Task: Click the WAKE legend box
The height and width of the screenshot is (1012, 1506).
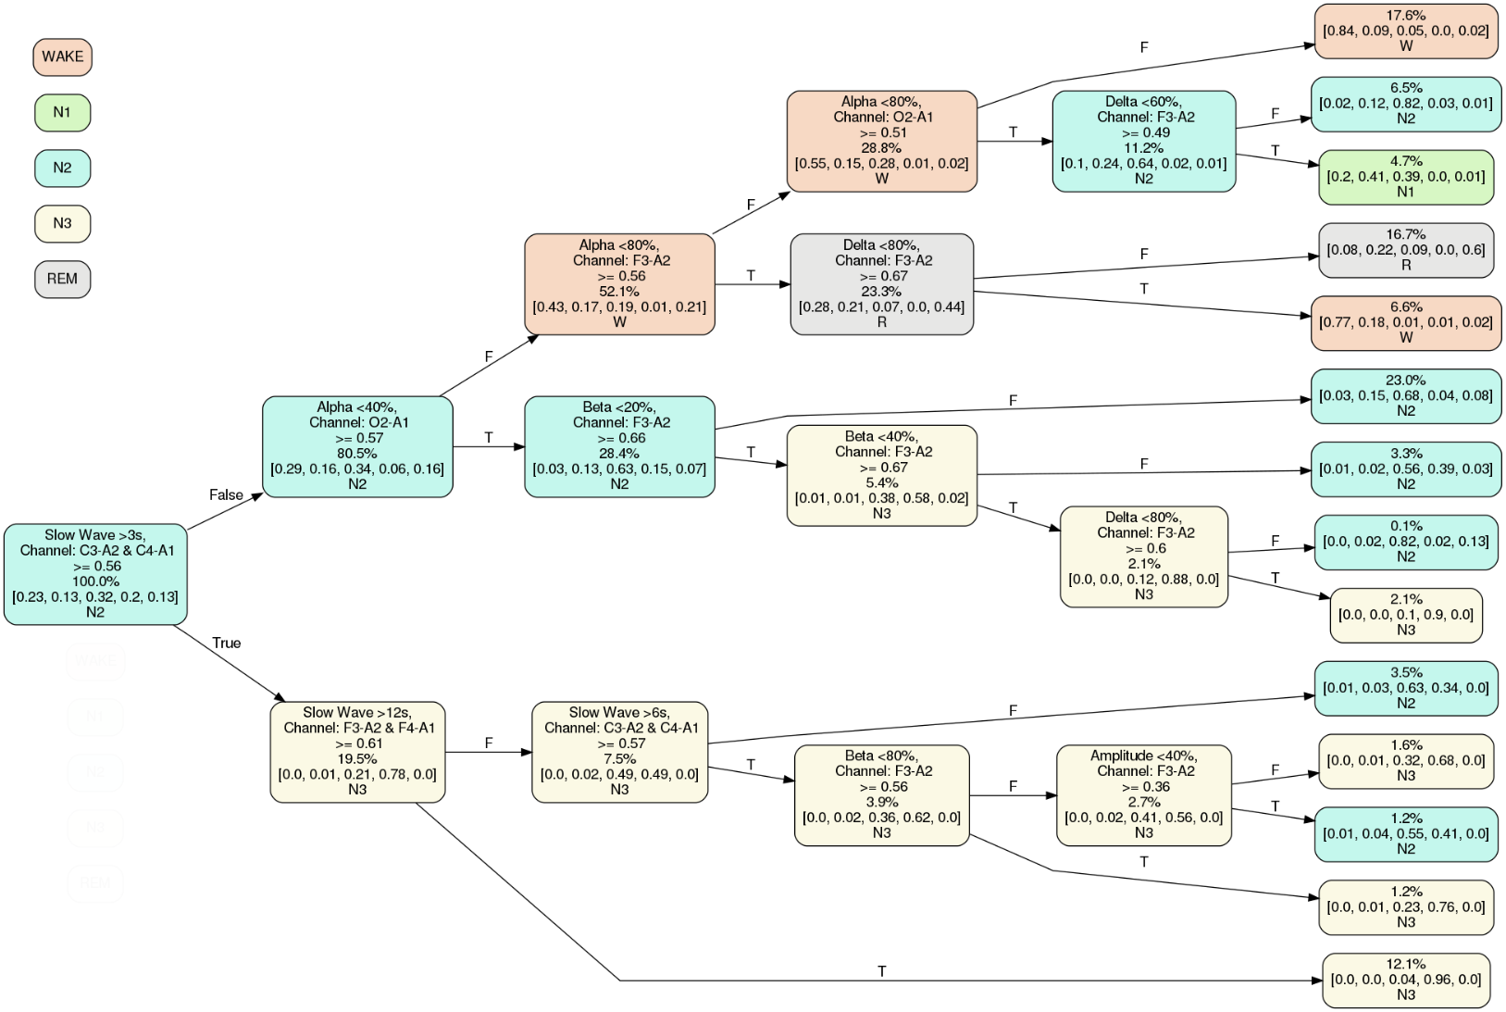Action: coord(62,56)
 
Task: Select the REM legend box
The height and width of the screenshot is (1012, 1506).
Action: coord(62,279)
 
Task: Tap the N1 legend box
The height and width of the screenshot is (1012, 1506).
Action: coord(62,112)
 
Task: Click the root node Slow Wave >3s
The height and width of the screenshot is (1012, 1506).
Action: coord(95,574)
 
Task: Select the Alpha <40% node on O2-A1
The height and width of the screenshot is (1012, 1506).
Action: coord(357,446)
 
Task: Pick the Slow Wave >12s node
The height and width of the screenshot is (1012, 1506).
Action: coord(357,751)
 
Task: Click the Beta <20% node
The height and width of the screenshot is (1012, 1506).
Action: coord(619,446)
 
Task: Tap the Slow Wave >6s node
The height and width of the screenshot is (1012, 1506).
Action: coord(619,751)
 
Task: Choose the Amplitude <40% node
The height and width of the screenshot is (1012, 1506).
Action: coord(1143,794)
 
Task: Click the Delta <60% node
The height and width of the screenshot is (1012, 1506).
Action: coord(1143,141)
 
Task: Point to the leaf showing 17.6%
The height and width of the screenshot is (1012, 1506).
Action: coord(1405,31)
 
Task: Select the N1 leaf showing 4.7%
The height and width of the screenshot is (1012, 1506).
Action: coord(1405,177)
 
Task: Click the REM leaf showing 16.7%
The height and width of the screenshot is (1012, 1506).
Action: coord(1405,250)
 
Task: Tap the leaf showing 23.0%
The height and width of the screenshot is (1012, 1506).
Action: coord(1405,395)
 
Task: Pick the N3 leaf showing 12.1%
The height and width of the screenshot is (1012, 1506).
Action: coord(1405,980)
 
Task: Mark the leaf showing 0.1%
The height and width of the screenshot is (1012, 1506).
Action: coord(1405,542)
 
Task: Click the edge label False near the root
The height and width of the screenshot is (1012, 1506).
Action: coord(226,495)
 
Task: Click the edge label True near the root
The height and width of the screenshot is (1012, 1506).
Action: coord(226,643)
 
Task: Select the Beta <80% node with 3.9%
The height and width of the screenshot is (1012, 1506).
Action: coord(881,794)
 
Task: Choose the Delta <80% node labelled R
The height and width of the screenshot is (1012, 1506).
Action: coord(881,283)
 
